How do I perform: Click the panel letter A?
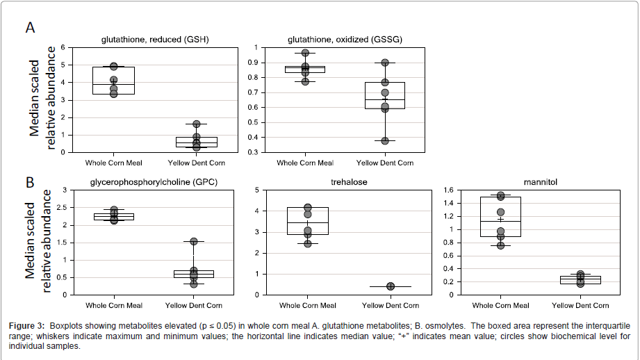pos(31,28)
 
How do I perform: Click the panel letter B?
pos(30,183)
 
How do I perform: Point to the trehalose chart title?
pos(349,182)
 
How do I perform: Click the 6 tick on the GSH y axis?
pos(63,47)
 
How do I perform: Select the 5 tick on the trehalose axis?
pos(258,190)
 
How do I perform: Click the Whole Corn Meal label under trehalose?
pos(308,306)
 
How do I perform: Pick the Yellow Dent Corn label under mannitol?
pos(580,306)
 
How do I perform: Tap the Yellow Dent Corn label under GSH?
pos(196,163)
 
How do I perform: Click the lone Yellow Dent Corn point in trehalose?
pos(391,286)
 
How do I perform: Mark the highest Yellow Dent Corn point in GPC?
pos(194,242)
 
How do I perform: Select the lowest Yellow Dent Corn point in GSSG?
pos(384,140)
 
